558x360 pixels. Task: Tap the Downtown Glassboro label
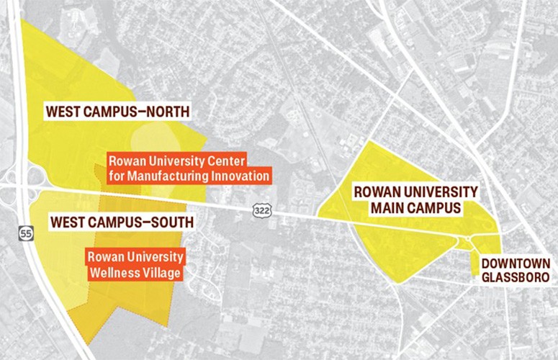click(x=516, y=270)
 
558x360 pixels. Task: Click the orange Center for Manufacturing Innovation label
click(x=188, y=167)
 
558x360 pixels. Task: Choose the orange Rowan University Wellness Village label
click(x=135, y=264)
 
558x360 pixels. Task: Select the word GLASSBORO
click(x=516, y=277)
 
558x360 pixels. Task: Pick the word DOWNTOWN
click(x=516, y=264)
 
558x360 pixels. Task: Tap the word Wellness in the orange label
click(x=111, y=272)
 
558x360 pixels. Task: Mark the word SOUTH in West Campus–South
click(x=168, y=222)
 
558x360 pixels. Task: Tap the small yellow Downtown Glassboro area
click(x=474, y=263)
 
